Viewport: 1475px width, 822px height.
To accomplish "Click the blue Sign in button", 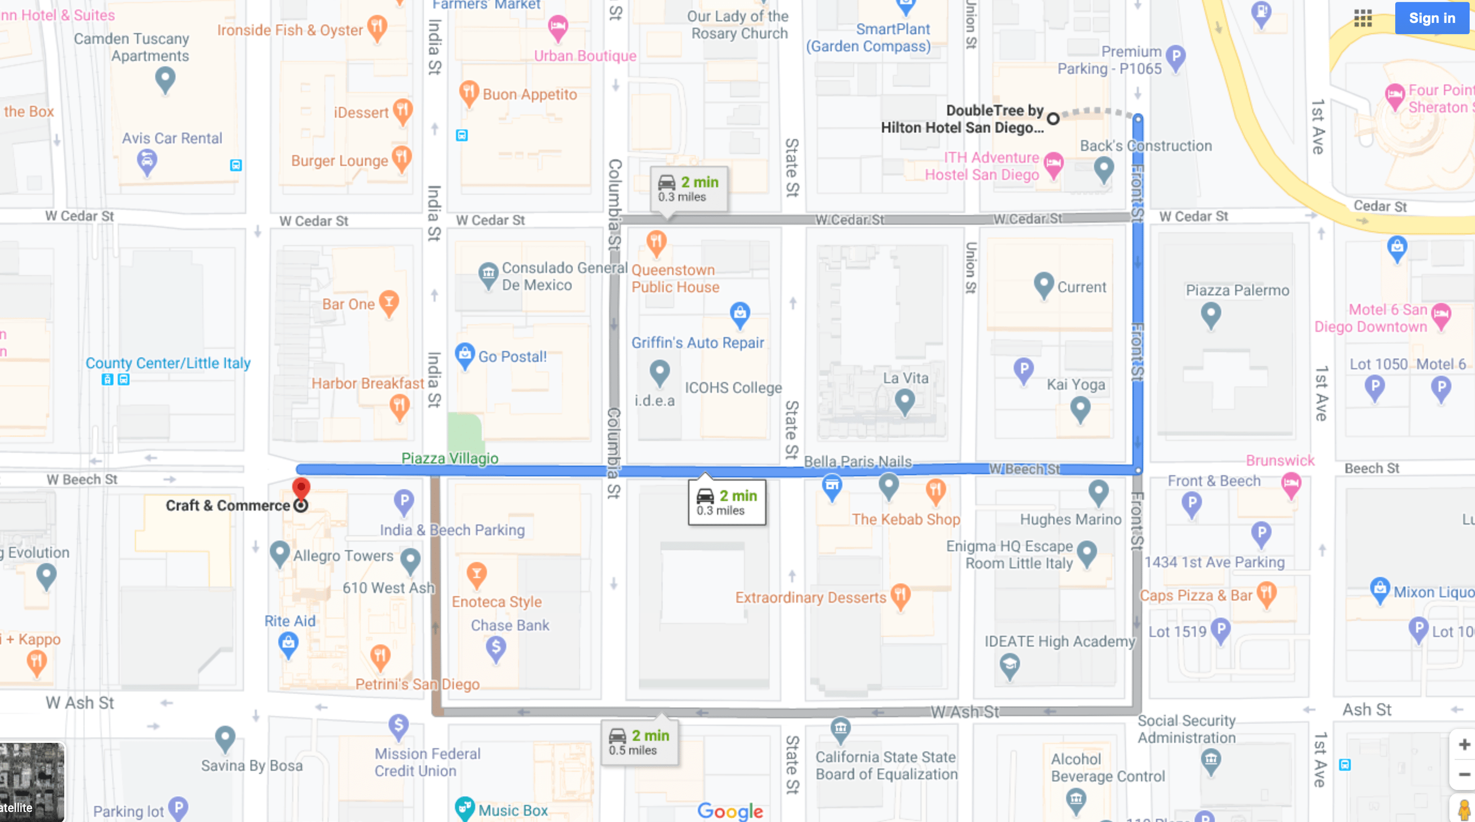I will pyautogui.click(x=1431, y=18).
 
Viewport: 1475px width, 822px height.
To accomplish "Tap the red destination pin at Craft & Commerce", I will pyautogui.click(x=301, y=489).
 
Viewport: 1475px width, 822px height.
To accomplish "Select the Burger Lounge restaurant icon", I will pyautogui.click(x=402, y=158).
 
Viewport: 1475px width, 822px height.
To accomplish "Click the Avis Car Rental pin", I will pyautogui.click(x=147, y=161).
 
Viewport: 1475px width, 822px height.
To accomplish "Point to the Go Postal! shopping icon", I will pyautogui.click(x=465, y=355).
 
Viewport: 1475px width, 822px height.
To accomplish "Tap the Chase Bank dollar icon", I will pyautogui.click(x=496, y=648).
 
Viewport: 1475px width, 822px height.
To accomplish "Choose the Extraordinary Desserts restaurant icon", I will pyautogui.click(x=900, y=595).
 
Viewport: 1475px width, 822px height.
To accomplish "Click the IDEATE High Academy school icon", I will pyautogui.click(x=1009, y=666).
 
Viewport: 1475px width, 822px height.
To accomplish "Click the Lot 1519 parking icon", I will pyautogui.click(x=1220, y=630).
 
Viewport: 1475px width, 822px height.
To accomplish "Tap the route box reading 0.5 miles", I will pyautogui.click(x=640, y=742).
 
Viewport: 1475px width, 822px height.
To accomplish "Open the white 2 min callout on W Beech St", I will pyautogui.click(x=727, y=502).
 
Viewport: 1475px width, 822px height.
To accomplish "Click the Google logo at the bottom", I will pyautogui.click(x=730, y=811).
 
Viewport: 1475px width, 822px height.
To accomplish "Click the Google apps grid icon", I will pyautogui.click(x=1363, y=18).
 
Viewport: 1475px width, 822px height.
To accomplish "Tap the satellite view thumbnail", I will pyautogui.click(x=32, y=782).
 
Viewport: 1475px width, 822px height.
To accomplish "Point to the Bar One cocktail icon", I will pyautogui.click(x=389, y=302).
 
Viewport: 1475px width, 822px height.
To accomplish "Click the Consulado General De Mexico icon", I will pyautogui.click(x=488, y=274).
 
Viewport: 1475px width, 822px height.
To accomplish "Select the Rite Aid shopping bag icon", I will pyautogui.click(x=288, y=644).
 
